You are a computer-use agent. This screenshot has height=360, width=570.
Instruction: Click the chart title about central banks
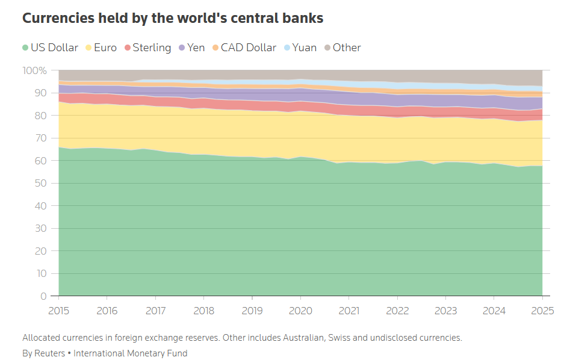coord(173,18)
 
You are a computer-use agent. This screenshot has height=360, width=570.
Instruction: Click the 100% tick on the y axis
coord(35,70)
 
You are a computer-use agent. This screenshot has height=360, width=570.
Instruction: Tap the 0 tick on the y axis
coord(43,296)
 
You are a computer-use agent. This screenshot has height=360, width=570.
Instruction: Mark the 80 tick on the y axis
coord(41,116)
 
